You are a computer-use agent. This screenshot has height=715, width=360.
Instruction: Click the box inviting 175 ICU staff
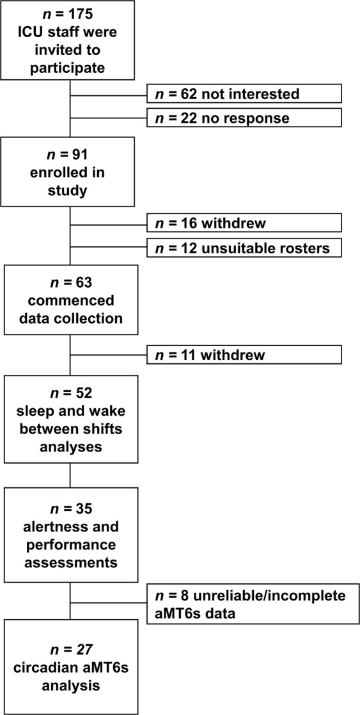pyautogui.click(x=68, y=40)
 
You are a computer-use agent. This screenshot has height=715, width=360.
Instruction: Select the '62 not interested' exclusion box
pyautogui.click(x=244, y=93)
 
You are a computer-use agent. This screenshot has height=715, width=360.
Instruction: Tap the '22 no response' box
pyautogui.click(x=244, y=118)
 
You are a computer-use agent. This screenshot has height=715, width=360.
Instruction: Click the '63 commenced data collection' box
pyautogui.click(x=70, y=299)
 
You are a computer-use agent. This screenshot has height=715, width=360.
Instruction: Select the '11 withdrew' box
pyautogui.click(x=244, y=355)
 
